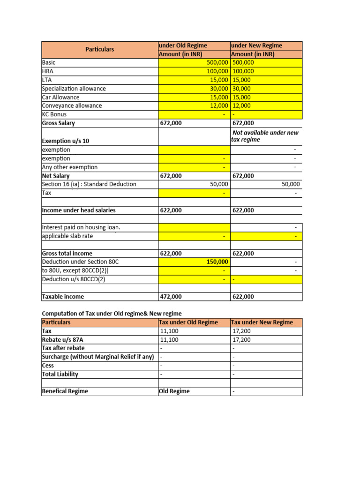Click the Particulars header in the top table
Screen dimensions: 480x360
click(x=99, y=49)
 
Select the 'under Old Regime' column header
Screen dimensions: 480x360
click(x=183, y=45)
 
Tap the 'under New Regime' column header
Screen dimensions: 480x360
click(x=256, y=45)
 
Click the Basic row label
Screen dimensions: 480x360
click(x=49, y=62)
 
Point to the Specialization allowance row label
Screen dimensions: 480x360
click(x=74, y=89)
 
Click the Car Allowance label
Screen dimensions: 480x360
click(x=60, y=97)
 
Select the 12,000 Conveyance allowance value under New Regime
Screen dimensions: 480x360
click(x=241, y=106)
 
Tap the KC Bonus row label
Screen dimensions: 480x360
click(x=54, y=114)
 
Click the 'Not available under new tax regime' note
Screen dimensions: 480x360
click(x=265, y=136)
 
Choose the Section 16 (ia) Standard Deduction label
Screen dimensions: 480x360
click(x=89, y=184)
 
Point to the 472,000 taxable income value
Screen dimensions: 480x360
click(x=171, y=297)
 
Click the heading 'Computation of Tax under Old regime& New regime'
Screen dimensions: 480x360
click(x=112, y=314)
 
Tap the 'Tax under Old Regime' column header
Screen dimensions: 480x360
click(x=189, y=322)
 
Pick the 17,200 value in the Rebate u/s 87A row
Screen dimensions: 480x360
click(x=241, y=340)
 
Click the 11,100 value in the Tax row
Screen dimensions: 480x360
click(x=169, y=331)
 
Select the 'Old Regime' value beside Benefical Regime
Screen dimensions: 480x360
click(x=174, y=391)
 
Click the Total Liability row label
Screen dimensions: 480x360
click(x=60, y=374)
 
